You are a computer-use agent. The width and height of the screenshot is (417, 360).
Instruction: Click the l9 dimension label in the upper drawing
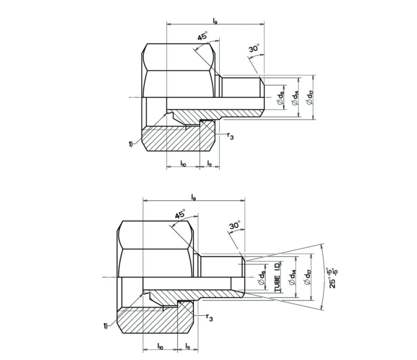[215, 21]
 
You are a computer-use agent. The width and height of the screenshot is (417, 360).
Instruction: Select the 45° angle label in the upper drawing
[201, 37]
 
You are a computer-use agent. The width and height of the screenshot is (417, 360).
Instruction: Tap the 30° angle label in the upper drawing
[254, 50]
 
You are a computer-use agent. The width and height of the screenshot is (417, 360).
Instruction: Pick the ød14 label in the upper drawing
[295, 97]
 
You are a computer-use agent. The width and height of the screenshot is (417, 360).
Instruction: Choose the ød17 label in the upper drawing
[310, 97]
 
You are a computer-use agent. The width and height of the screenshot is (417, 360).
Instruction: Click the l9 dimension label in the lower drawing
[193, 196]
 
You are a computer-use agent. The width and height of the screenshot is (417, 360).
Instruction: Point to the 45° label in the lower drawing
[180, 215]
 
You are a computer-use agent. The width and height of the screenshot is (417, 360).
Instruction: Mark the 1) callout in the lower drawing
[106, 326]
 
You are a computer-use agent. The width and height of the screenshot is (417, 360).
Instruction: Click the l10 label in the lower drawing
[160, 346]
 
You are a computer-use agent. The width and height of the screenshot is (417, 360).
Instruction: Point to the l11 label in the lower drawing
[188, 346]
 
